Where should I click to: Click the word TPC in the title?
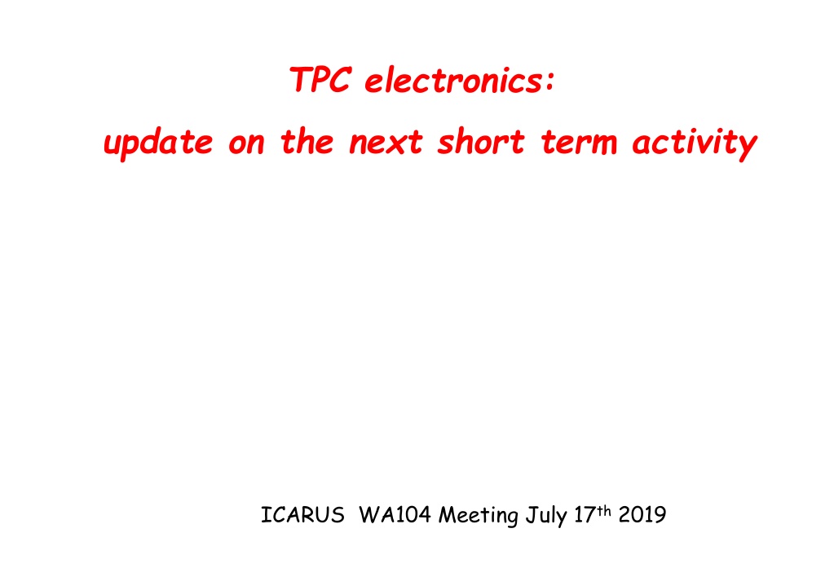[x=320, y=80]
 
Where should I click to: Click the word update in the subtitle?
[x=158, y=143]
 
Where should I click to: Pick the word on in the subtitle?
[x=246, y=144]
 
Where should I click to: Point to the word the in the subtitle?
[x=307, y=142]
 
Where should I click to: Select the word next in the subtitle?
[x=386, y=143]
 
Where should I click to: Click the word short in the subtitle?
[x=481, y=142]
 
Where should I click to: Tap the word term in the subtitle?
[x=579, y=143]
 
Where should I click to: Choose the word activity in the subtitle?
[x=695, y=143]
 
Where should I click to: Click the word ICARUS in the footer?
[x=302, y=515]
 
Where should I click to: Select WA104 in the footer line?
[x=395, y=515]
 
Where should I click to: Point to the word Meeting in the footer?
[x=479, y=516]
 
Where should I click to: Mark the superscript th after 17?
[x=604, y=510]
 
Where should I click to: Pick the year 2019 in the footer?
[x=642, y=515]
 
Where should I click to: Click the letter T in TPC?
[x=301, y=80]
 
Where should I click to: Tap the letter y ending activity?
[x=747, y=147]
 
